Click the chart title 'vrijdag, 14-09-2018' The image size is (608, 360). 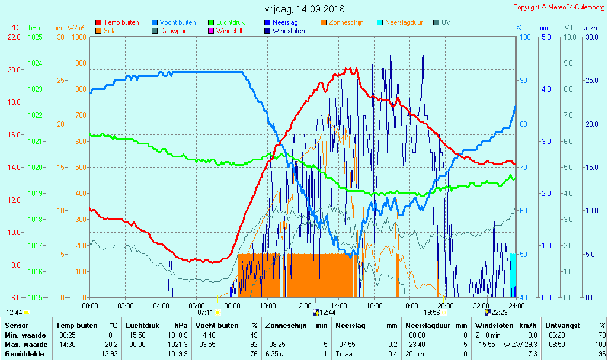click(304, 9)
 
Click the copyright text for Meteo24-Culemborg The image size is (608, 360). click(559, 7)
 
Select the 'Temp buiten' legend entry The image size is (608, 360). click(121, 22)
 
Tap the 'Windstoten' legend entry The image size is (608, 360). click(289, 31)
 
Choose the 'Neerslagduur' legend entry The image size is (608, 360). click(404, 22)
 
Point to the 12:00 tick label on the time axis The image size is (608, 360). click(303, 306)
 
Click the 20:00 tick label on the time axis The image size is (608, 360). click(445, 306)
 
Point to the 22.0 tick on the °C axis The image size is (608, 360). click(14, 37)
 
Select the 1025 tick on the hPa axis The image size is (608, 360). click(35, 37)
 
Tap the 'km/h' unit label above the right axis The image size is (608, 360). click(589, 28)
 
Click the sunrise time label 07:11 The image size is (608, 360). click(205, 312)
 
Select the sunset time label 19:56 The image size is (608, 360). click(431, 312)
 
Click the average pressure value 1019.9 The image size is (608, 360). click(178, 354)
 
